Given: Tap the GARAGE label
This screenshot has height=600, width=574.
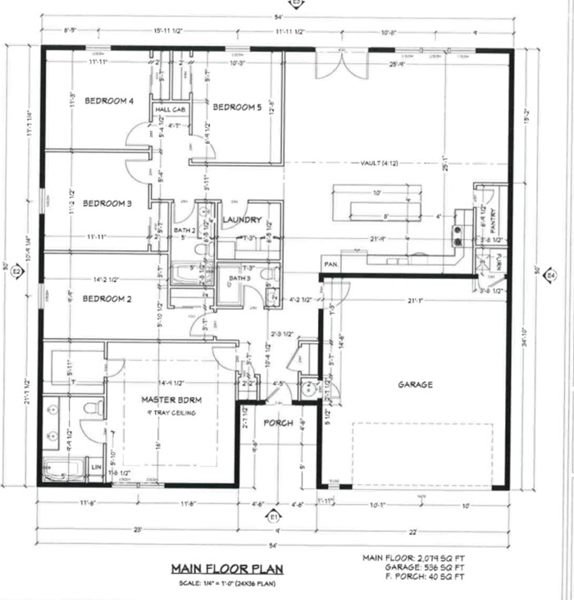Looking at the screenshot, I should [416, 384].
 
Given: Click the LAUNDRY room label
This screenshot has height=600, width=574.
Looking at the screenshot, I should [242, 220].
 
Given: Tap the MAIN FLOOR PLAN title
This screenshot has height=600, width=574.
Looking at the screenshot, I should [216, 568].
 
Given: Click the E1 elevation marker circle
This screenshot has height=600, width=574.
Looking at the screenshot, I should [275, 517].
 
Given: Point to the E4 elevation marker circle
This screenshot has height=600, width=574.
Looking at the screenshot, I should [551, 275].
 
